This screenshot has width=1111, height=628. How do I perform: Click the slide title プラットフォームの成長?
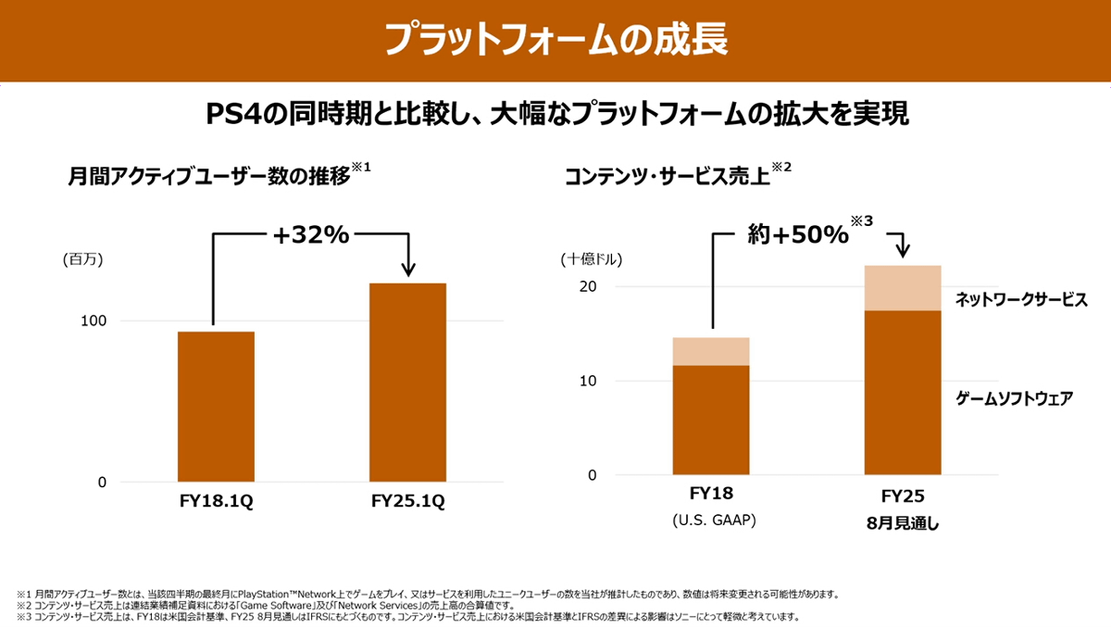point(555,40)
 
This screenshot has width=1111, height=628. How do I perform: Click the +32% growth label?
point(311,235)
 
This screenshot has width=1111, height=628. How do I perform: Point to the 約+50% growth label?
point(798,235)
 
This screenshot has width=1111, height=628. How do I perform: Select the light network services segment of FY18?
point(710,351)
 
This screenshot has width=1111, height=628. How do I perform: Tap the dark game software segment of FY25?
point(902,393)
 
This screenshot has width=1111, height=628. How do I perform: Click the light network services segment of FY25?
point(902,287)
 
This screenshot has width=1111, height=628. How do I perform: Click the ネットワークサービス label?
point(1020,299)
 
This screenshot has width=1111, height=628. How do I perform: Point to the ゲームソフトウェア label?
point(1014,399)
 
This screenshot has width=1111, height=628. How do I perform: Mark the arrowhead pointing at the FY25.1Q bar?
point(406,270)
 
